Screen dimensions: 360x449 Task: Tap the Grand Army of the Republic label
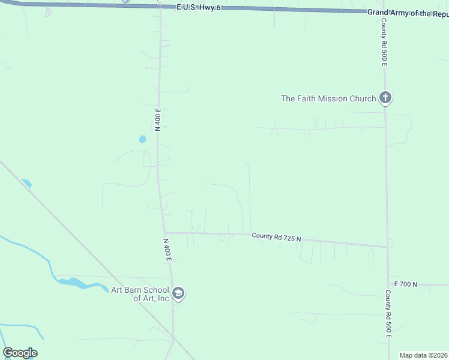point(408,13)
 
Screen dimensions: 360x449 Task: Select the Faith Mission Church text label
point(328,98)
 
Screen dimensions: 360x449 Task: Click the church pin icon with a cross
point(385,98)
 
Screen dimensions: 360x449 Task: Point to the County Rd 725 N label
point(276,237)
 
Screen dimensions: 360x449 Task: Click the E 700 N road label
point(405,284)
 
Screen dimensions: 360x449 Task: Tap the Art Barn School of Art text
point(140,294)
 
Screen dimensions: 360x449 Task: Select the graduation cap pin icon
point(178,293)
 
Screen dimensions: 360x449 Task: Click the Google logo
point(20,353)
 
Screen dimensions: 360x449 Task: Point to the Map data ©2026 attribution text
point(423,355)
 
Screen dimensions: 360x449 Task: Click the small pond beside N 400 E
point(142,139)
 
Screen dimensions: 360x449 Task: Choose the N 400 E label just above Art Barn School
point(168,249)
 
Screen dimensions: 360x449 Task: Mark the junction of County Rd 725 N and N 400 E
point(165,233)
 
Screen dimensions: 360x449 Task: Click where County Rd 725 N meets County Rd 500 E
point(387,247)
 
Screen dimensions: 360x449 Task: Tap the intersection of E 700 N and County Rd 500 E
point(388,284)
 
